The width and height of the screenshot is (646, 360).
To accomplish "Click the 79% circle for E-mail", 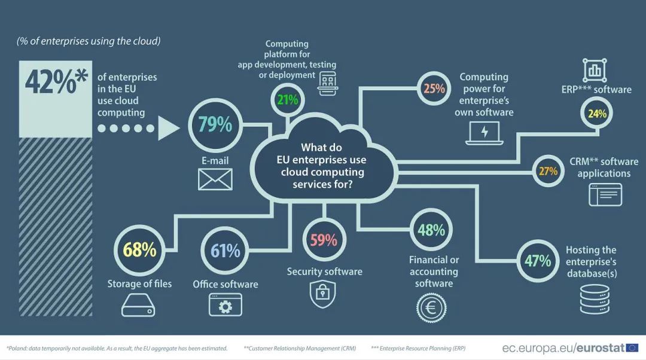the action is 215,124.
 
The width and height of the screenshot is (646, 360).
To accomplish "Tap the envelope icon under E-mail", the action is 215,179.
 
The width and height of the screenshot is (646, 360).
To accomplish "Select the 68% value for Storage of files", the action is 139,250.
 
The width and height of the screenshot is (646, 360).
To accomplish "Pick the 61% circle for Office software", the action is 226,251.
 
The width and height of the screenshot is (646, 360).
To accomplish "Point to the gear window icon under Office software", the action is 225,305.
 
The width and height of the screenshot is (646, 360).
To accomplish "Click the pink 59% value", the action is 324,240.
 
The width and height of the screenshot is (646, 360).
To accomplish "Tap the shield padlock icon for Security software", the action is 322,293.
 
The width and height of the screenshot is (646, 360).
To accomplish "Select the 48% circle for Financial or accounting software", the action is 431,230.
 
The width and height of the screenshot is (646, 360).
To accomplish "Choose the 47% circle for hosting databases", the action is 538,261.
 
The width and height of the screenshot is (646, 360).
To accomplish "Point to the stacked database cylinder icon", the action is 595,299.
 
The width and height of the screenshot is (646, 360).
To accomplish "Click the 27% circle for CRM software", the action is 548,171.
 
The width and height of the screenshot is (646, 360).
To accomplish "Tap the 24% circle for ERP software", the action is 597,113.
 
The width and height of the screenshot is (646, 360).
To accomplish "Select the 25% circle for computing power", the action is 434,89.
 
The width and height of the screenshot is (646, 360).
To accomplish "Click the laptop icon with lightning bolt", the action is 485,132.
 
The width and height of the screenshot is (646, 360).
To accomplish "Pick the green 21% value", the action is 287,99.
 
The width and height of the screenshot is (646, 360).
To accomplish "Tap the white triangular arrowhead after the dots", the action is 169,128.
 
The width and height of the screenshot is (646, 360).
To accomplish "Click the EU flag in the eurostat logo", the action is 632,347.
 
